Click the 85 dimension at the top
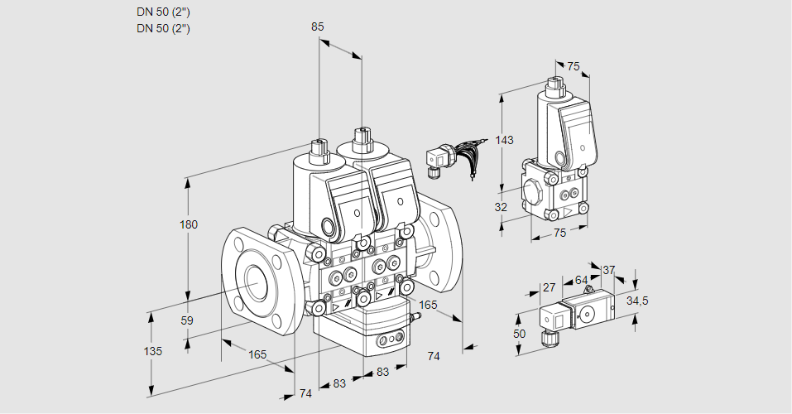317,26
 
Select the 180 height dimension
190,225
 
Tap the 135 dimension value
152,351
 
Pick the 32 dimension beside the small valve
501,207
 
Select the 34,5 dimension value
637,301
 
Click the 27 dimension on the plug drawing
549,288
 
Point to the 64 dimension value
581,281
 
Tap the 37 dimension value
608,270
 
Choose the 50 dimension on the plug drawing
519,334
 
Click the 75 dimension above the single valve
573,67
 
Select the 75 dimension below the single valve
559,233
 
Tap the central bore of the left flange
254,285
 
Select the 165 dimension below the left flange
257,354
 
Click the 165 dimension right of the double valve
427,306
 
